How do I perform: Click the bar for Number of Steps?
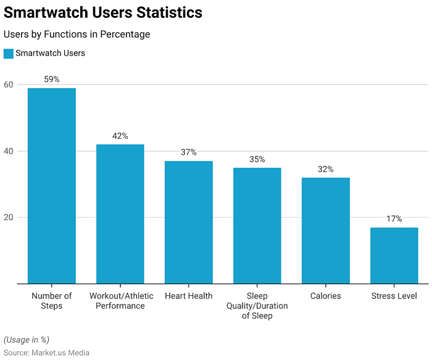pyautogui.click(x=52, y=186)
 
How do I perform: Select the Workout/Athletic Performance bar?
pyautogui.click(x=120, y=214)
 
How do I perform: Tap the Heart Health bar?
pyautogui.click(x=189, y=222)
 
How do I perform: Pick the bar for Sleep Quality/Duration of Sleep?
pyautogui.click(x=257, y=226)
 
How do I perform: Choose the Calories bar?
pyautogui.click(x=326, y=231)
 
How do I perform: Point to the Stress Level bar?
pyautogui.click(x=394, y=255)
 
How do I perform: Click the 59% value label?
pyautogui.click(x=52, y=80)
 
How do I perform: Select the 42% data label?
pyautogui.click(x=120, y=136)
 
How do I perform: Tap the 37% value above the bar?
pyautogui.click(x=189, y=152)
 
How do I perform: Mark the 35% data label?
pyautogui.click(x=257, y=159)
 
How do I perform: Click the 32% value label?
pyautogui.click(x=326, y=169)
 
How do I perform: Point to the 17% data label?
pyautogui.click(x=394, y=219)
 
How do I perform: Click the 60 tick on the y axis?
pyautogui.click(x=9, y=84)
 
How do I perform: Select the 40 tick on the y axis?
pyautogui.click(x=9, y=151)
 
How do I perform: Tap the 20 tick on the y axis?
pyautogui.click(x=9, y=218)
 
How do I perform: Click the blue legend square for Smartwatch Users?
pyautogui.click(x=8, y=54)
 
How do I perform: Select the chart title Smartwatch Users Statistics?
pyautogui.click(x=103, y=12)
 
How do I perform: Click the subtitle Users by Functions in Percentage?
pyautogui.click(x=77, y=35)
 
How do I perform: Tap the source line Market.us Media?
pyautogui.click(x=46, y=353)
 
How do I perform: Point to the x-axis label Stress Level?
pyautogui.click(x=394, y=296)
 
